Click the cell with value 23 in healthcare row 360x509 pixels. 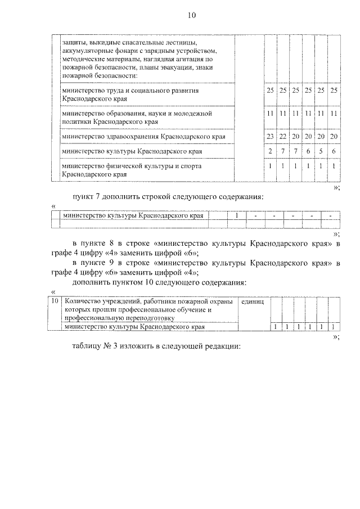[271, 137]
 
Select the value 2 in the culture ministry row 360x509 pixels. [271, 151]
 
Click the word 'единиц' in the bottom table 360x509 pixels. [252, 303]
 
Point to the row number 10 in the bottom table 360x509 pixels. [55, 303]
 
